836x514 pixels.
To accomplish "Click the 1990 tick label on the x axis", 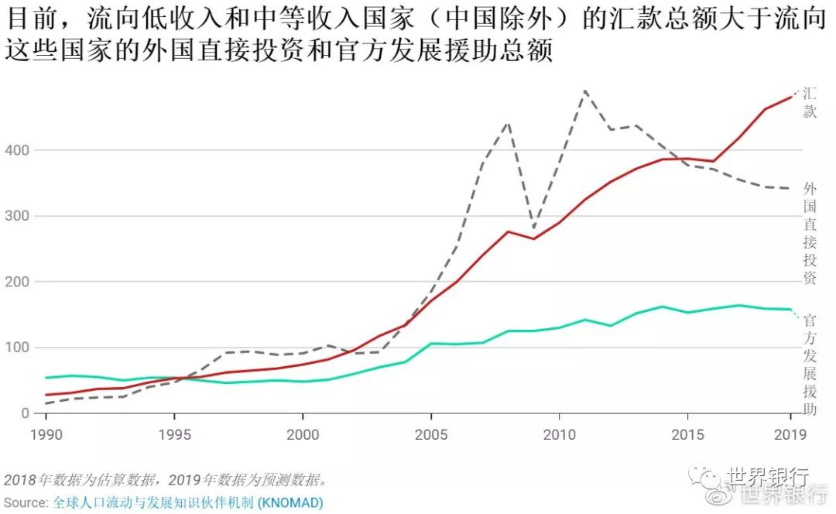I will (x=46, y=435).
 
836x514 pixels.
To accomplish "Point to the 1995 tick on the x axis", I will (x=174, y=435).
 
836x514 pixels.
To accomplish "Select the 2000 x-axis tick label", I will (x=303, y=435).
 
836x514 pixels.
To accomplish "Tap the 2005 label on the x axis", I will (x=431, y=435).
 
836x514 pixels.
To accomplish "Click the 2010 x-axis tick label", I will (x=559, y=435).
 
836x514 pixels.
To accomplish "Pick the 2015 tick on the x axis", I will (x=687, y=435).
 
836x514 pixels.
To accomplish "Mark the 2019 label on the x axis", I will (x=790, y=435).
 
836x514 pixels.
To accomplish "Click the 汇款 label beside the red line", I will (x=810, y=102).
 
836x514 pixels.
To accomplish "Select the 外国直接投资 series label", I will (x=810, y=233).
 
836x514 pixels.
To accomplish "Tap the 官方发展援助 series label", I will (x=810, y=364).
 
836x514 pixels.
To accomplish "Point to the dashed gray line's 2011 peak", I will (x=584, y=91).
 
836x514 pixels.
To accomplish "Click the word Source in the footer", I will (x=25, y=502).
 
